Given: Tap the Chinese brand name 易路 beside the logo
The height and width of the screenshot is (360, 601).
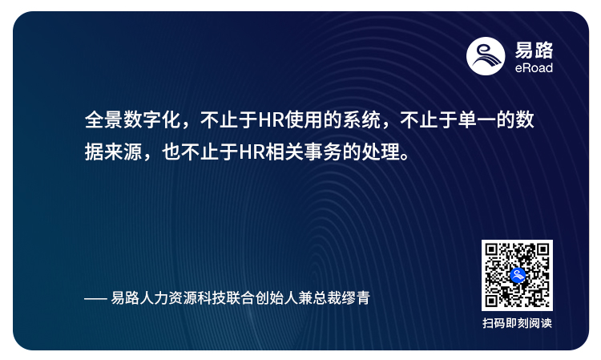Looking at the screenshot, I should (534, 50).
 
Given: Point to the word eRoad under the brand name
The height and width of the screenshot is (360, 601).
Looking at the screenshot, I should (534, 68).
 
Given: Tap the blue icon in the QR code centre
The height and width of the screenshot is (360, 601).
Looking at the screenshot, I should (517, 275).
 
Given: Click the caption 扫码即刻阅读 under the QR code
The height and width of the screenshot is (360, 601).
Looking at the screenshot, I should (517, 324).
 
